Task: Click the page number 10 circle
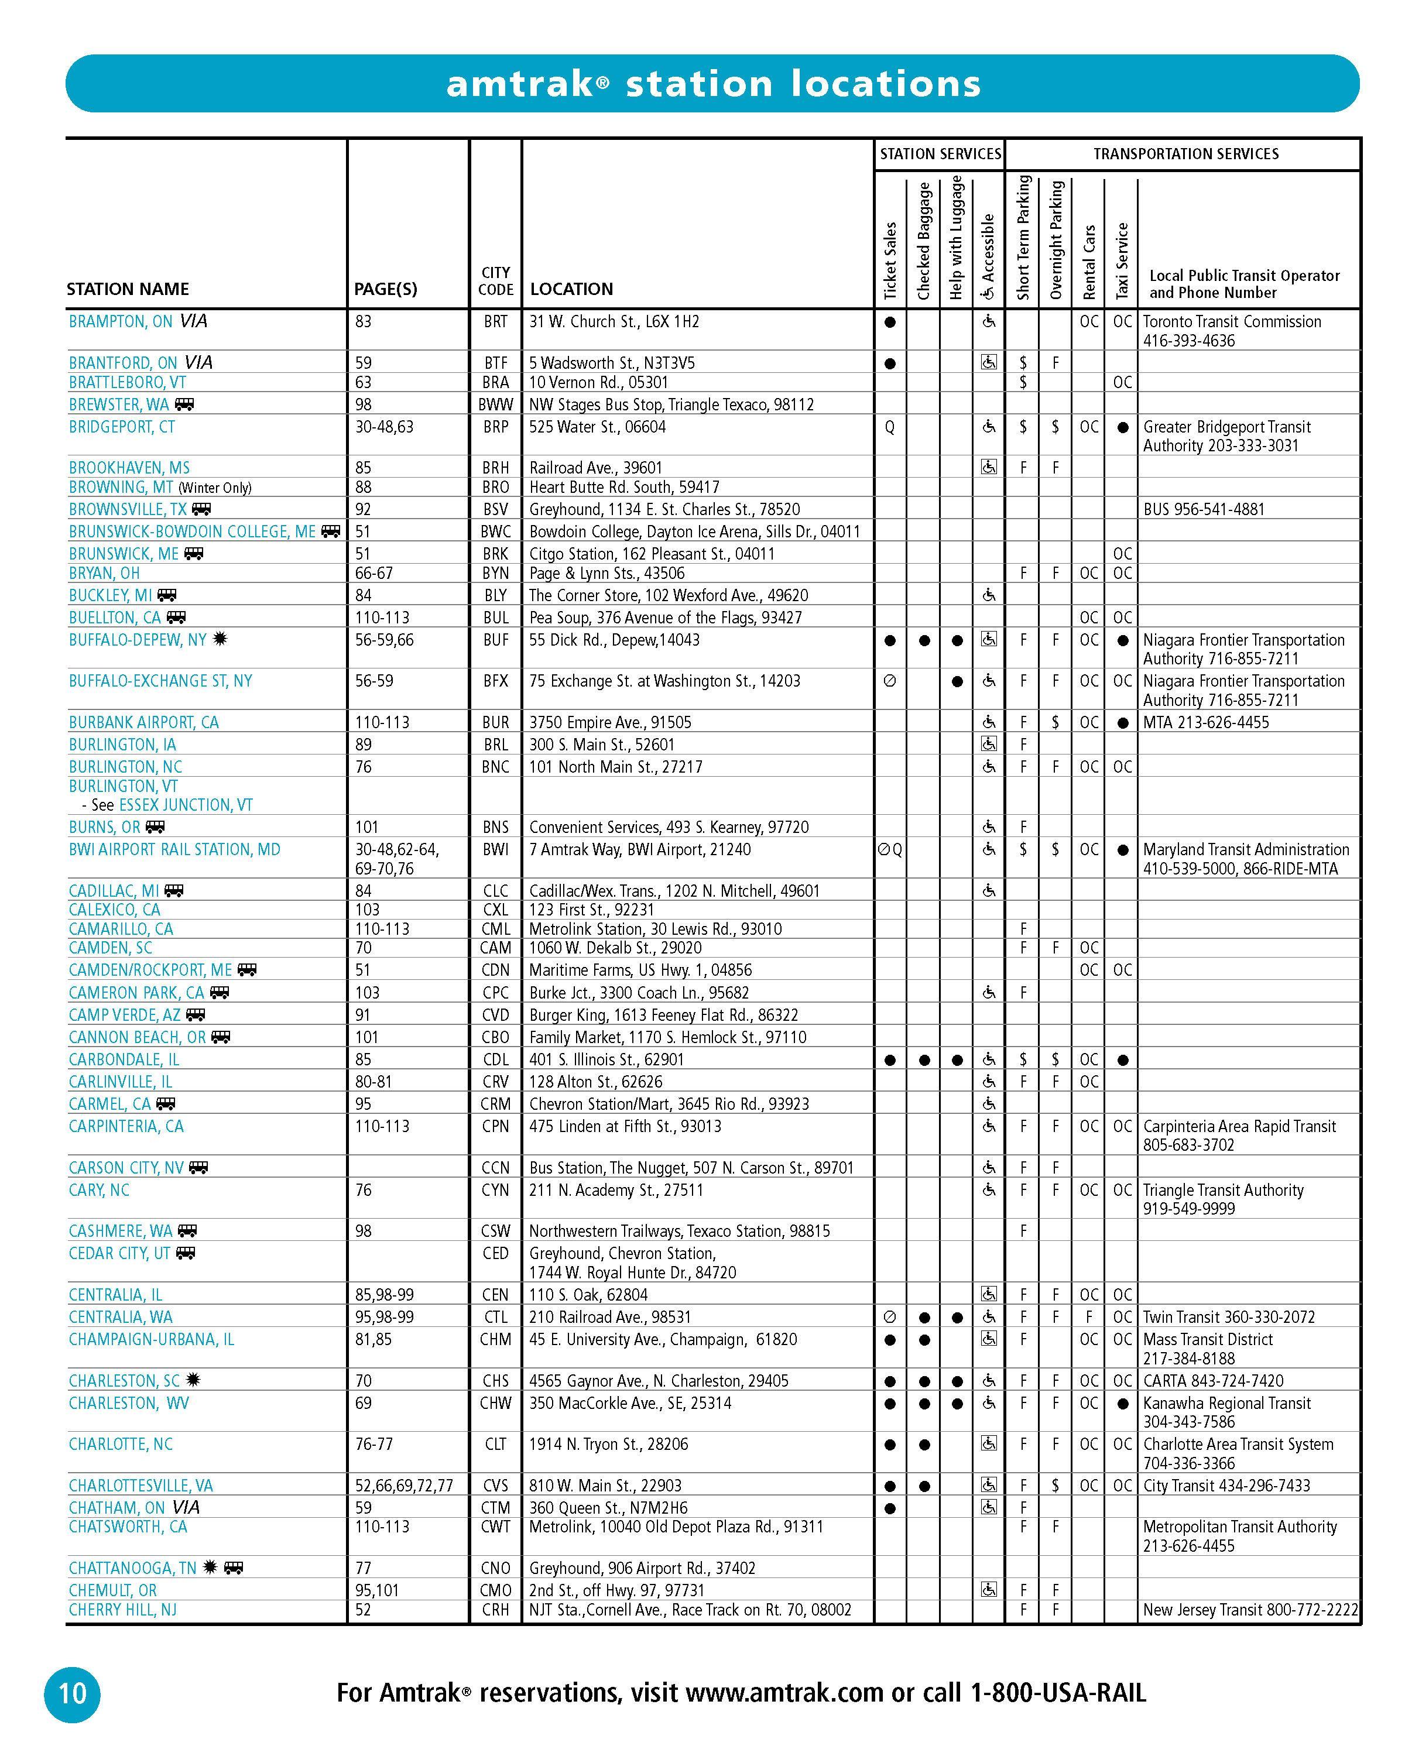(71, 1694)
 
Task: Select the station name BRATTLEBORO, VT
(127, 382)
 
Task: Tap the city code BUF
(495, 640)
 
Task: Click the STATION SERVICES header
(940, 154)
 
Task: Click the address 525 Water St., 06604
(597, 427)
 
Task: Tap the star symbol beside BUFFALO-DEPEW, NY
(219, 639)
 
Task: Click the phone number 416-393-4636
(1188, 341)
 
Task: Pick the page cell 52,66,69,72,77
(404, 1486)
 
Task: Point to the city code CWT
(495, 1527)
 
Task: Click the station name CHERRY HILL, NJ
(122, 1610)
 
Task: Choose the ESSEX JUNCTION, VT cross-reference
(186, 805)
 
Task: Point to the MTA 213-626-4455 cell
(1205, 722)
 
